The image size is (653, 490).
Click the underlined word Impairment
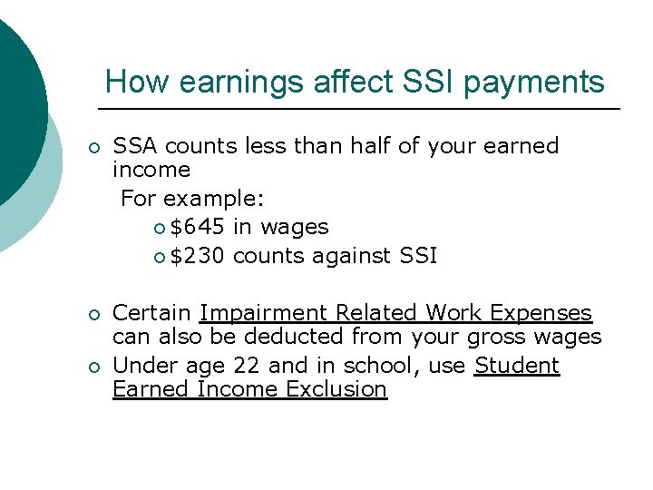click(264, 314)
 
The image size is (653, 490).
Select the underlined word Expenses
click(541, 314)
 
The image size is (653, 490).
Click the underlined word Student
click(517, 367)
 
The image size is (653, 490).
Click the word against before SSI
click(349, 256)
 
